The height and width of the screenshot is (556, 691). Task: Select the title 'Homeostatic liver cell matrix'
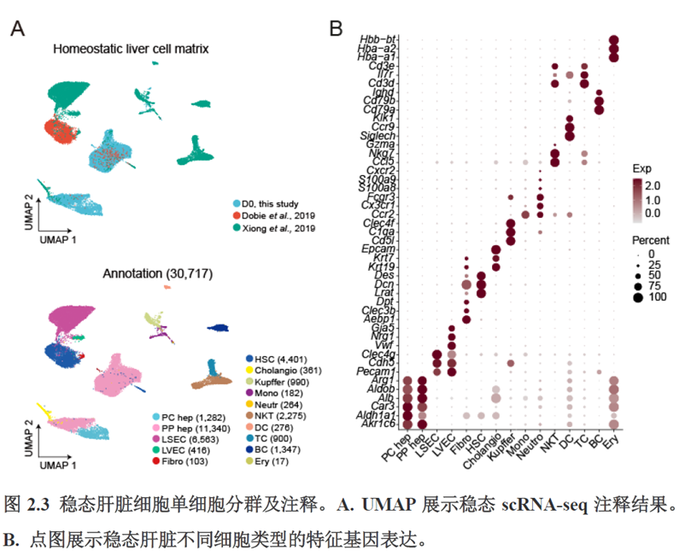(131, 49)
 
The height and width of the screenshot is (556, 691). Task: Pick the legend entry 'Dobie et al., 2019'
(280, 217)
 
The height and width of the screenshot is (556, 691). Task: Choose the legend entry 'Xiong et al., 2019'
(282, 229)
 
